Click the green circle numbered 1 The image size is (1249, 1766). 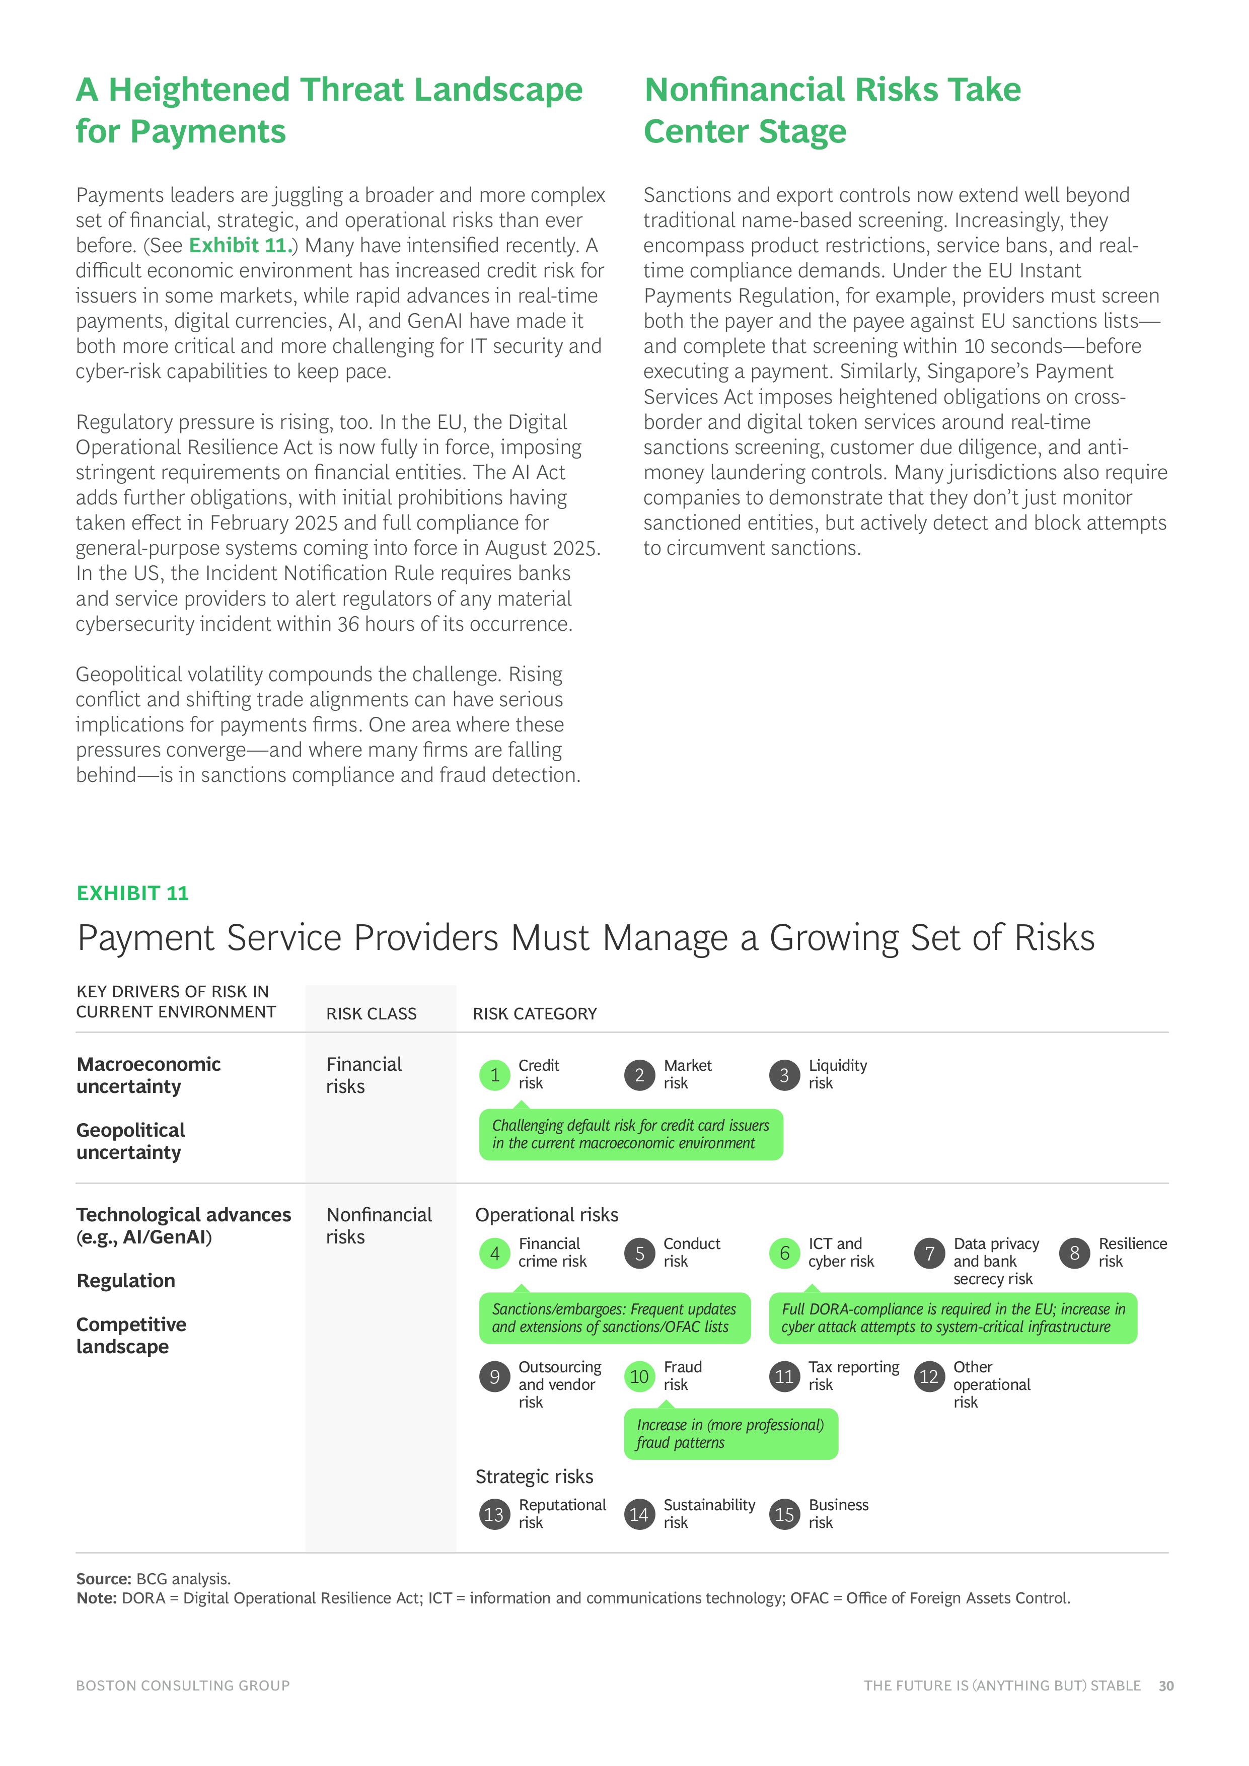pyautogui.click(x=494, y=1074)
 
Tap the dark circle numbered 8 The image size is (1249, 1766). pyautogui.click(x=1074, y=1253)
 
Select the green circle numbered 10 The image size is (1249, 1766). pyautogui.click(x=639, y=1376)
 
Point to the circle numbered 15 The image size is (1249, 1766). pyautogui.click(x=784, y=1514)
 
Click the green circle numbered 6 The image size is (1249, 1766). pyautogui.click(x=784, y=1253)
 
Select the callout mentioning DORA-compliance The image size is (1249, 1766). pyautogui.click(x=952, y=1317)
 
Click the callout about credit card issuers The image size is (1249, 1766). pyautogui.click(x=630, y=1134)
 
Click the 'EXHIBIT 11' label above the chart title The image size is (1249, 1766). pyautogui.click(x=132, y=893)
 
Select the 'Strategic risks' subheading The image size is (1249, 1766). pyautogui.click(x=534, y=1476)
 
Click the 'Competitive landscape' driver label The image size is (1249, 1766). pyautogui.click(x=131, y=1335)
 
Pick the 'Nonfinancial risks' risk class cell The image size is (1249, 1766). pyautogui.click(x=379, y=1225)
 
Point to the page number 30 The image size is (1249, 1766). pyautogui.click(x=1166, y=1685)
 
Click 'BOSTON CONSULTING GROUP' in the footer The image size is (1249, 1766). pyautogui.click(x=182, y=1685)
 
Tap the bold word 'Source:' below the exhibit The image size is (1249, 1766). pyautogui.click(x=104, y=1578)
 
